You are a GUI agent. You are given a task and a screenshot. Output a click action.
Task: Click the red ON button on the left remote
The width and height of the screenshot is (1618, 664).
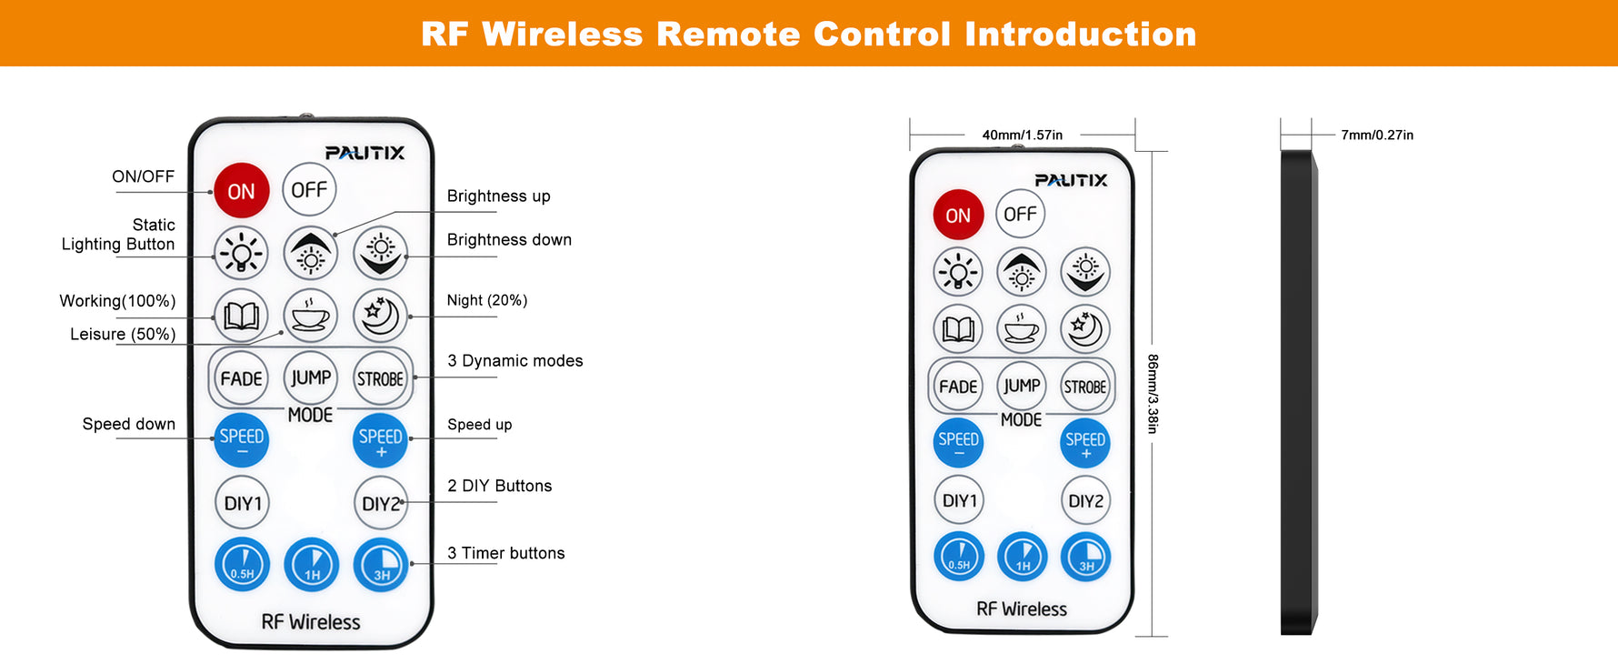241,191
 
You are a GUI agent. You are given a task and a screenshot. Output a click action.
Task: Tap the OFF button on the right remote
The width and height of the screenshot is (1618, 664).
1020,214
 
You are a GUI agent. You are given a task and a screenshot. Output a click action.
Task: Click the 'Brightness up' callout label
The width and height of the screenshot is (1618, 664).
498,196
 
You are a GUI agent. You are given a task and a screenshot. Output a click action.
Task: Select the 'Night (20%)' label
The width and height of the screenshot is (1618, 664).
486,300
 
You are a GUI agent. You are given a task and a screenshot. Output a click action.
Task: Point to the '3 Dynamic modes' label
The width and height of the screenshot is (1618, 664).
514,360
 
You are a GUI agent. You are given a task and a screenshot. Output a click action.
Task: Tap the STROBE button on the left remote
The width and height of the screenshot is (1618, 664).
380,378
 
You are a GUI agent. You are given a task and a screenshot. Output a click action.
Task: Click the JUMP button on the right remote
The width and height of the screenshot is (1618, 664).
1022,386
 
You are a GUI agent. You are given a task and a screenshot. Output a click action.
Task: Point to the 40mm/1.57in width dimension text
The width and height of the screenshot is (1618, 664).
1022,135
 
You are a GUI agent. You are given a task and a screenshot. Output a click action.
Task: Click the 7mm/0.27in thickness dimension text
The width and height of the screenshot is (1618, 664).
1377,135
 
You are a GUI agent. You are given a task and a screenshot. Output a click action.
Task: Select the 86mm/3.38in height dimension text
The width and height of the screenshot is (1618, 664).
1153,394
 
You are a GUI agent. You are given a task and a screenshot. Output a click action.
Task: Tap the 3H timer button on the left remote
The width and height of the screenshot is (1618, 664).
381,565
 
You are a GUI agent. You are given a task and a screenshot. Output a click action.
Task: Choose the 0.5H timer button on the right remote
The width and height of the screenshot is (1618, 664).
959,556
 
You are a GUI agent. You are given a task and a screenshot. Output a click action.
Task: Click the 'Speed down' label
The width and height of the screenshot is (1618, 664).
128,424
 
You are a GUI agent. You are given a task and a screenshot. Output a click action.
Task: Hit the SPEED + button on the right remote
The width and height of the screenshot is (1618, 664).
1085,443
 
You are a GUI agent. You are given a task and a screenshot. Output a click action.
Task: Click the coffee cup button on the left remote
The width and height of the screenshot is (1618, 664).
311,316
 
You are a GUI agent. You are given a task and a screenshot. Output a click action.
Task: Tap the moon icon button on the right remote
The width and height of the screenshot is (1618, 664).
1085,328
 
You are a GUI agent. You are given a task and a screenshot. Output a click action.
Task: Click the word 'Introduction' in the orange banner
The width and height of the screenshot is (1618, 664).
1080,34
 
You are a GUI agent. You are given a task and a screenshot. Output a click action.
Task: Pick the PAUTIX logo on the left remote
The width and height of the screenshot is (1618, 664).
365,153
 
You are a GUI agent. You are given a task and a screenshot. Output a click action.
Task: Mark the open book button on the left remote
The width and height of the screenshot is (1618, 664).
241,316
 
